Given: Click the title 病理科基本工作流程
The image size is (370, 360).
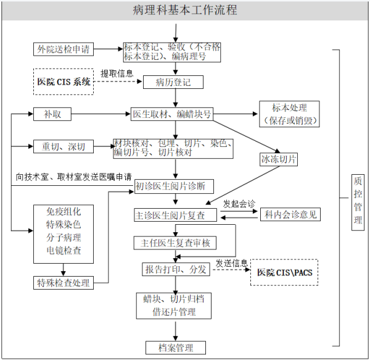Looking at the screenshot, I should [x=185, y=10].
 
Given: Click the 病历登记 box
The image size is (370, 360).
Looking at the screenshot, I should [x=173, y=82].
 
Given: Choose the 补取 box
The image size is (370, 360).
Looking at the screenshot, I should [x=52, y=114].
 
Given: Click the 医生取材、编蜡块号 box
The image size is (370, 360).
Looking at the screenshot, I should [x=173, y=114].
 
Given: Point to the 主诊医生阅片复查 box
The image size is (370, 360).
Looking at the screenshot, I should [x=175, y=216].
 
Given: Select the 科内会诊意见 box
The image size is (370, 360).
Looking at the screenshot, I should [x=290, y=215].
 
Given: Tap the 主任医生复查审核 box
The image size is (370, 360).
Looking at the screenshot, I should [x=175, y=243].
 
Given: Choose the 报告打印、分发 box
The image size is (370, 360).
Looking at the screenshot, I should [x=175, y=270].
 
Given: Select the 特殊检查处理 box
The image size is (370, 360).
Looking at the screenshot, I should [x=62, y=283].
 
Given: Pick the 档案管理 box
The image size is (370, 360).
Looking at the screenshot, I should [x=175, y=347].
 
